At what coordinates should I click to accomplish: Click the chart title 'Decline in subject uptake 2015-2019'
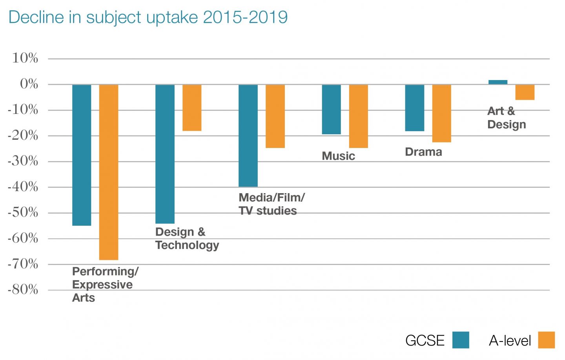pyautogui.click(x=148, y=17)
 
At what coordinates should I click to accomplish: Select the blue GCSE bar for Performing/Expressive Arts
pyautogui.click(x=82, y=155)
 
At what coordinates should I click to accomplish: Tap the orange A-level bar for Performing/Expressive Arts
pyautogui.click(x=109, y=172)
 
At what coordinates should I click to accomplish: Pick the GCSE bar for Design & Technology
pyautogui.click(x=165, y=154)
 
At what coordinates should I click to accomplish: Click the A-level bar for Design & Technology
pyautogui.click(x=192, y=108)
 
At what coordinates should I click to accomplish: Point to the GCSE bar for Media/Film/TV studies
pyautogui.click(x=248, y=135)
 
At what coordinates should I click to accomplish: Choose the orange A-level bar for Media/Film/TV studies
pyautogui.click(x=275, y=116)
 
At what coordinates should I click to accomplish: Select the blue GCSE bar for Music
pyautogui.click(x=331, y=109)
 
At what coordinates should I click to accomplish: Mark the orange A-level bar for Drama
pyautogui.click(x=441, y=113)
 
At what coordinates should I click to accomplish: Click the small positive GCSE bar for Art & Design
pyautogui.click(x=498, y=82)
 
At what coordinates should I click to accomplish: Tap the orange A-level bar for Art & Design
pyautogui.click(x=525, y=92)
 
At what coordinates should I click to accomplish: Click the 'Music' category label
pyautogui.click(x=338, y=156)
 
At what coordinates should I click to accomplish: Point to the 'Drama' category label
pyautogui.click(x=423, y=152)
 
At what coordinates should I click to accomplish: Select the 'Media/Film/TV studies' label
pyautogui.click(x=271, y=204)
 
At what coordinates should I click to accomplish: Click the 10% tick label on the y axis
pyautogui.click(x=25, y=58)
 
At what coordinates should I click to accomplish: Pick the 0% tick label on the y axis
pyautogui.click(x=29, y=84)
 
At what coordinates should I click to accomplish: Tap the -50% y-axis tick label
pyautogui.click(x=23, y=213)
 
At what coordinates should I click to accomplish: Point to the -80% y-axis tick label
pyautogui.click(x=23, y=290)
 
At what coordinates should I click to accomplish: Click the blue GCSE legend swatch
pyautogui.click(x=461, y=340)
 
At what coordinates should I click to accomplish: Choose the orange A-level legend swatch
pyautogui.click(x=546, y=340)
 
